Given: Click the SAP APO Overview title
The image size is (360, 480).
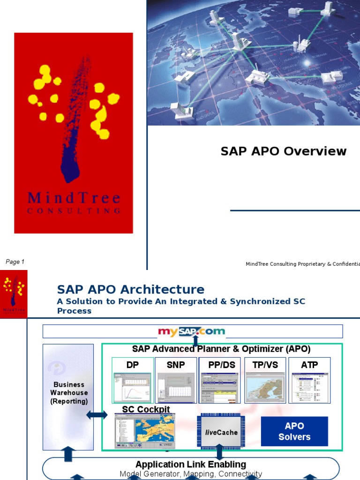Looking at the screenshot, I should click(x=284, y=151).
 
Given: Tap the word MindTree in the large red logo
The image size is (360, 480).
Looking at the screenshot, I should click(x=74, y=198).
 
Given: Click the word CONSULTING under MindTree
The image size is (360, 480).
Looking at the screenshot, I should click(x=74, y=211).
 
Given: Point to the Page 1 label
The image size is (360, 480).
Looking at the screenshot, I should click(x=15, y=262).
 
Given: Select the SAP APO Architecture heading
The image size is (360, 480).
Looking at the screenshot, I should click(x=130, y=289).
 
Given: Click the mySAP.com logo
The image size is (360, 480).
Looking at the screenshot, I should click(x=191, y=331).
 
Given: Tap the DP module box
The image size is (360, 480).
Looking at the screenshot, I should click(x=133, y=380).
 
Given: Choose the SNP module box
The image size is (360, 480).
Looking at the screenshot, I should click(x=176, y=380).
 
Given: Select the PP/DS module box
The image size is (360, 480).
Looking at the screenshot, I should click(x=219, y=380).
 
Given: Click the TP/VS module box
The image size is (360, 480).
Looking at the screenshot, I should click(x=265, y=380).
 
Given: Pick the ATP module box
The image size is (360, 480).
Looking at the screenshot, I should click(x=309, y=380).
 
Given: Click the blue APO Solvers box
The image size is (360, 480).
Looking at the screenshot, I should click(x=294, y=431).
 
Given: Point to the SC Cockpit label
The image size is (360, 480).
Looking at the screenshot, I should click(x=146, y=409).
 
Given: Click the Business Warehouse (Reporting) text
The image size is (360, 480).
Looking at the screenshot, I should click(x=69, y=393).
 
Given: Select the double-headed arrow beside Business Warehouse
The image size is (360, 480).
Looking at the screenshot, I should click(x=97, y=415).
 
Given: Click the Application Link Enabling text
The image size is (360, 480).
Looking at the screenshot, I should click(x=191, y=464).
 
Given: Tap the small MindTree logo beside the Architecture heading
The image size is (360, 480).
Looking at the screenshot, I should click(x=14, y=294).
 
